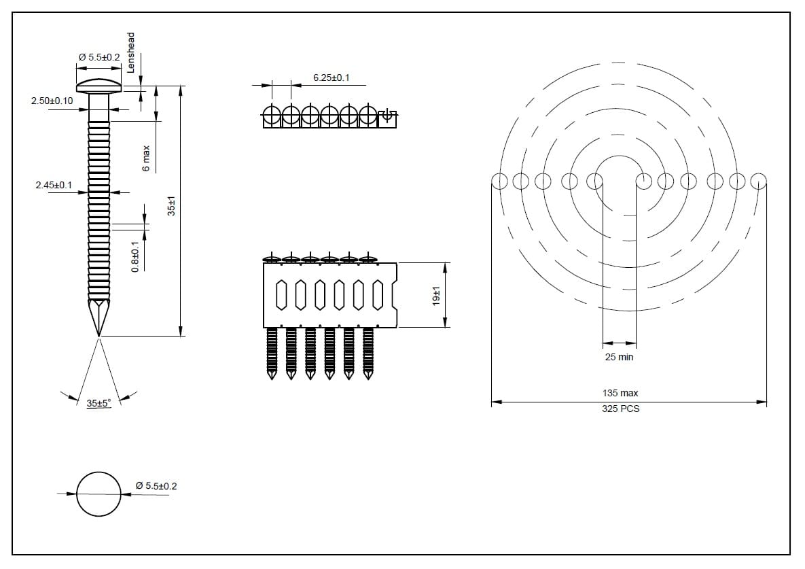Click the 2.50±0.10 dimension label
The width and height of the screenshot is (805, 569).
pyautogui.click(x=52, y=101)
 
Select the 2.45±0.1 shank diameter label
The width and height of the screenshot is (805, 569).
pyautogui.click(x=54, y=185)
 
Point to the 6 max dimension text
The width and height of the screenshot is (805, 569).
pyautogui.click(x=146, y=158)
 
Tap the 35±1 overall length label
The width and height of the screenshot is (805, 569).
pyautogui.click(x=172, y=207)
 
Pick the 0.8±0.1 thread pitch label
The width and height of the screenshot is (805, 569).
pyautogui.click(x=135, y=256)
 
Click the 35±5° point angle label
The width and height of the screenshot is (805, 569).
pyautogui.click(x=99, y=403)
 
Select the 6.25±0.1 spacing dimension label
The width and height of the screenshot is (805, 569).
pyautogui.click(x=331, y=77)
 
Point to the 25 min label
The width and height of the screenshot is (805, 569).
pyautogui.click(x=619, y=357)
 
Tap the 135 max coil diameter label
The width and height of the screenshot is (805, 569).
pyautogui.click(x=620, y=393)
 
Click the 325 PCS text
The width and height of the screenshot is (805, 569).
pyautogui.click(x=620, y=409)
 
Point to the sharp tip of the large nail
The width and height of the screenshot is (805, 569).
pyautogui.click(x=99, y=334)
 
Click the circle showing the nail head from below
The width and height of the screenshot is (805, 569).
pyautogui.click(x=99, y=494)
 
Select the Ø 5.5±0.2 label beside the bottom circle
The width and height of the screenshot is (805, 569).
pyautogui.click(x=156, y=486)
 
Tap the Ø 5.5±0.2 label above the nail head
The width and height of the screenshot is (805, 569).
pyautogui.click(x=99, y=58)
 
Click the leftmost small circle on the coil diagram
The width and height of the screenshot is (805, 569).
pyautogui.click(x=499, y=182)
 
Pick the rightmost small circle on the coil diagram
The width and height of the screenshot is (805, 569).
pyautogui.click(x=759, y=182)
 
